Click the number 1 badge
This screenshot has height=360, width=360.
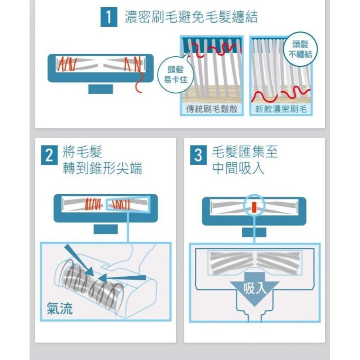click(109, 18)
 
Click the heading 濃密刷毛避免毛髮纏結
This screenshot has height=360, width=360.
click(191, 18)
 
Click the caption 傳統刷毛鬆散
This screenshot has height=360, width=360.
click(211, 109)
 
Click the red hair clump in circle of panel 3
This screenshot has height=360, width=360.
click(254, 207)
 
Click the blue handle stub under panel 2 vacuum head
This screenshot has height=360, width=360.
click(105, 229)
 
